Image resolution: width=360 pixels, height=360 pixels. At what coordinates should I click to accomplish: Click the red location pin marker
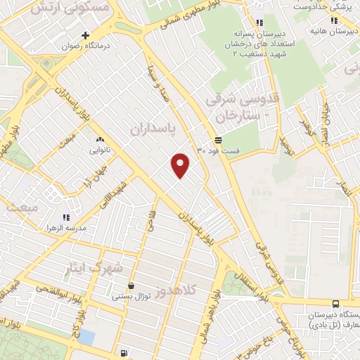181,165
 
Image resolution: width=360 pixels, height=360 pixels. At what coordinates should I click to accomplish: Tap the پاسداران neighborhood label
151,130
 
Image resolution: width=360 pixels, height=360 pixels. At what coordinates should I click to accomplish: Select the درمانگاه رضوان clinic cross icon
86,35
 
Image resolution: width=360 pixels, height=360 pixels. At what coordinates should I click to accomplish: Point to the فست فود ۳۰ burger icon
219,140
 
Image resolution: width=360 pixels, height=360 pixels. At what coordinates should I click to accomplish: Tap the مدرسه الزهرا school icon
65,219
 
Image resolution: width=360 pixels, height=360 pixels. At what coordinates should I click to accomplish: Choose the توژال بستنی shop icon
131,285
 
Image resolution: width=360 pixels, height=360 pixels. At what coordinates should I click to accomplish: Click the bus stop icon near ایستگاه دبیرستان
335,304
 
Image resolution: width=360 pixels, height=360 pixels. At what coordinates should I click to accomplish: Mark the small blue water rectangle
86,337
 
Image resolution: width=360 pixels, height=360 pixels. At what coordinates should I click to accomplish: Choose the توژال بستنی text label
131,297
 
